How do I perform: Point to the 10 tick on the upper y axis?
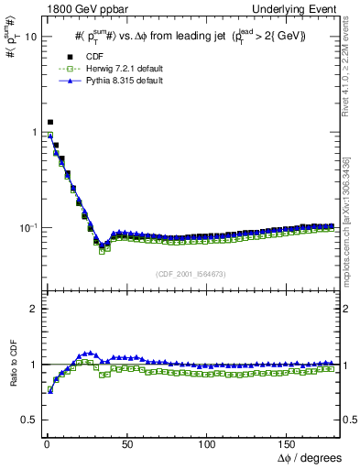[27, 38]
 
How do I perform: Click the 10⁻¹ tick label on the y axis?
[25, 227]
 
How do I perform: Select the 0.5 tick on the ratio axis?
[26, 420]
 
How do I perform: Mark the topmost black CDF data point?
[49, 122]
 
